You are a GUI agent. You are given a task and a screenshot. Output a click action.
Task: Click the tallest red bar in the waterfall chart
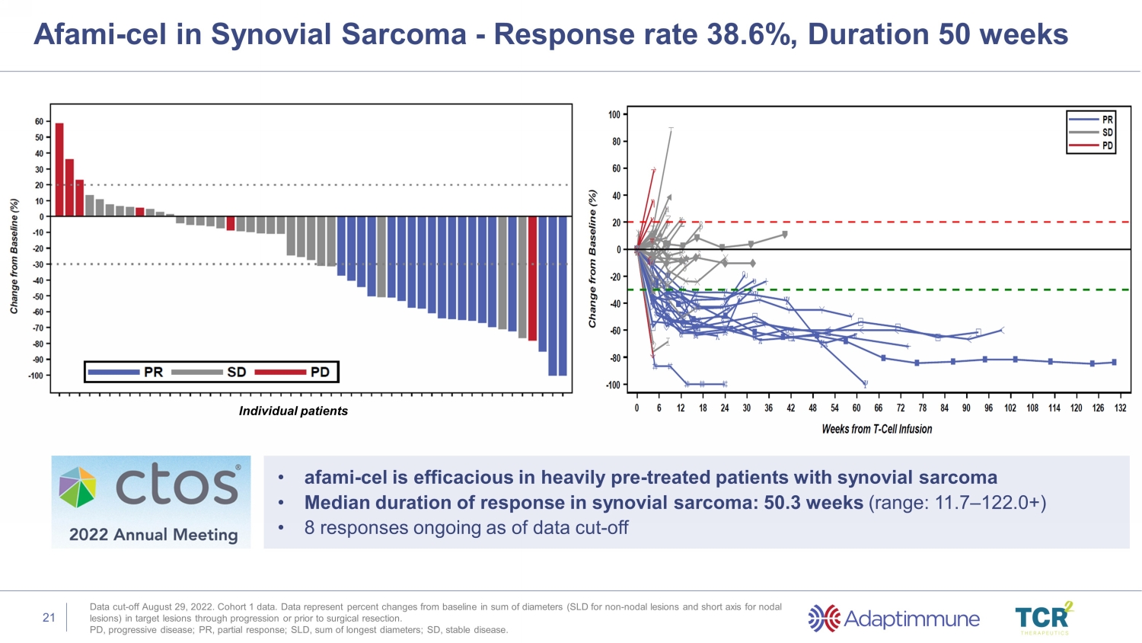(59, 169)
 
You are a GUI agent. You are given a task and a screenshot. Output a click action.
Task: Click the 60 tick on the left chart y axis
(39, 122)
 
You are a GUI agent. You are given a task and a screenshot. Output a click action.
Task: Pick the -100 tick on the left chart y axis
(36, 376)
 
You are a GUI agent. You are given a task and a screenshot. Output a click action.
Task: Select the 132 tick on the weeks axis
(1120, 408)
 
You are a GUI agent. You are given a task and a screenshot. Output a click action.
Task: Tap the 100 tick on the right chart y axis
(614, 114)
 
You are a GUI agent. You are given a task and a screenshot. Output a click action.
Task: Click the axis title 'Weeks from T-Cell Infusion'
(876, 429)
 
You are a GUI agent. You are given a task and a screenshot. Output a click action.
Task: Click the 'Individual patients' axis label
(293, 411)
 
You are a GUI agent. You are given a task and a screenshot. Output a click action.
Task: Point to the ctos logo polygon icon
(78, 487)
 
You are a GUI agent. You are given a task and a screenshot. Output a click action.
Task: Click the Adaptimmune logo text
(911, 619)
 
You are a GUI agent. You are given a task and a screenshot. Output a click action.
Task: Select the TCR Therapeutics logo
(1044, 618)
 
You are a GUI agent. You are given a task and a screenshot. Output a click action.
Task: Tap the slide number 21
(49, 618)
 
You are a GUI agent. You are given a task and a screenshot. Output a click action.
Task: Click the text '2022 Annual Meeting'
(153, 535)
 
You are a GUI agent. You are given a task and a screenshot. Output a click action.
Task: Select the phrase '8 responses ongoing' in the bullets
(384, 528)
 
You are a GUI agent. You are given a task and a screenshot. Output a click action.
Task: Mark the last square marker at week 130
(1115, 363)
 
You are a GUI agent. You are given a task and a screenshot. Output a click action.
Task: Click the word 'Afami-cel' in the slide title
(100, 34)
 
